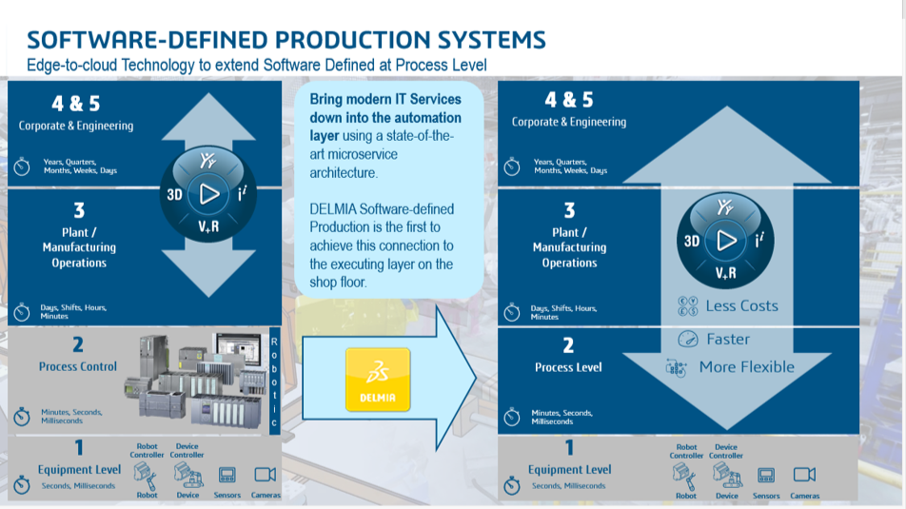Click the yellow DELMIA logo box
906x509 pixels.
(378, 379)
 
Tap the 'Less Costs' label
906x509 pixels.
(741, 306)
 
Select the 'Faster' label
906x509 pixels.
(728, 340)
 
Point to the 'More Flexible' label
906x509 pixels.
(746, 367)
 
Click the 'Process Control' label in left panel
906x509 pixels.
(78, 366)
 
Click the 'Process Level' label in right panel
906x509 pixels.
(568, 367)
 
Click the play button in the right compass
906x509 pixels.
(726, 241)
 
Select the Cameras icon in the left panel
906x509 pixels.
(266, 475)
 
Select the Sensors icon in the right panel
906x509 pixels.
(766, 476)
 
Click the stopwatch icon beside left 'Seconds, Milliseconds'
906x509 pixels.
(22, 485)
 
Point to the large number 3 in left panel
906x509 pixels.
(79, 210)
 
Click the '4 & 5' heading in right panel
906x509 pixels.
(568, 100)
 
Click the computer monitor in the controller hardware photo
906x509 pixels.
(235, 354)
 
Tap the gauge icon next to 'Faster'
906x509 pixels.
(687, 340)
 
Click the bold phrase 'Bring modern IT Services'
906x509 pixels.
(385, 99)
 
